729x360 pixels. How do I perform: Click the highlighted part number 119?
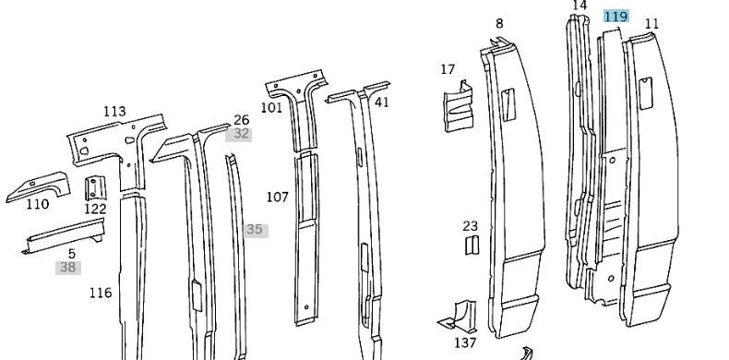(615, 17)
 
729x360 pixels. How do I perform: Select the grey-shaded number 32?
(242, 134)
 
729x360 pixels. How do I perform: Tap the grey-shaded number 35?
(255, 230)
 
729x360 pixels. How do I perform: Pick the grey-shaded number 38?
(67, 268)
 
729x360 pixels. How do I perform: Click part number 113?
(114, 112)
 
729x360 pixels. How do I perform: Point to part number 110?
(37, 205)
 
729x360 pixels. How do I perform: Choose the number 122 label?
(95, 210)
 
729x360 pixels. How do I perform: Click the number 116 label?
(101, 293)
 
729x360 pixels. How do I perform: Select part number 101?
(271, 107)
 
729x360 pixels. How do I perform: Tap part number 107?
(278, 197)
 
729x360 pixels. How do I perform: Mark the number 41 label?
(381, 102)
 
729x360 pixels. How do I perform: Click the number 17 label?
(448, 69)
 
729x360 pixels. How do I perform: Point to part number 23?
(471, 225)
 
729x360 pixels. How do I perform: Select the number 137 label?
(466, 342)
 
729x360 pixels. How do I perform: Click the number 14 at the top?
(580, 6)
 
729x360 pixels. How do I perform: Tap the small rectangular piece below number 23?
(471, 245)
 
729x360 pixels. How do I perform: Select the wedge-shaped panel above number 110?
(39, 184)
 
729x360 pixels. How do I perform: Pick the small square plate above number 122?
(94, 188)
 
